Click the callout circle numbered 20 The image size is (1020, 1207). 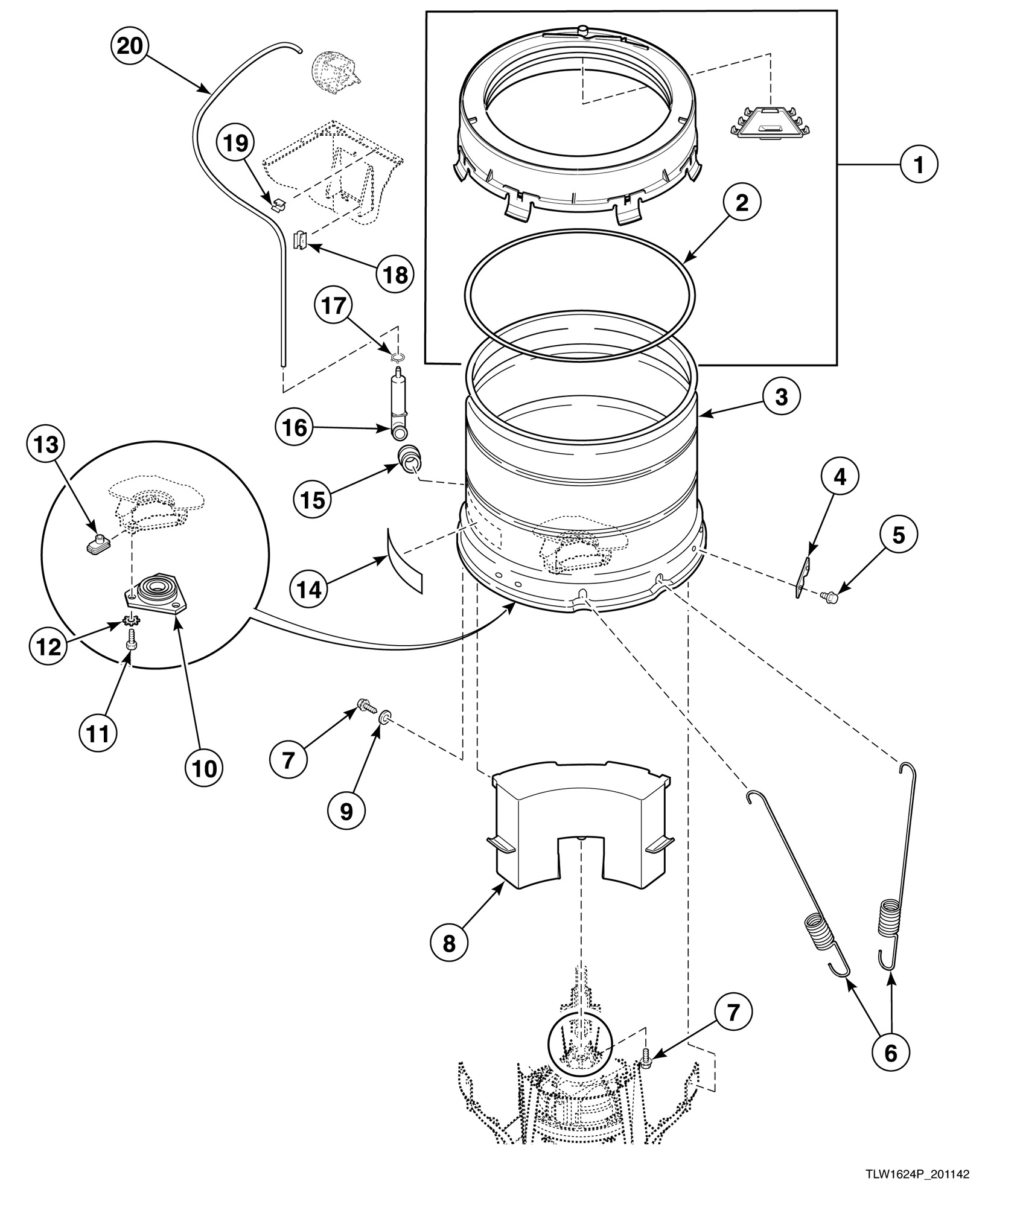tap(129, 45)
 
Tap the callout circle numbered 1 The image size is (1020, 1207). tap(919, 164)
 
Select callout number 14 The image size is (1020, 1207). tap(310, 588)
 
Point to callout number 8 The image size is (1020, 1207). tap(448, 943)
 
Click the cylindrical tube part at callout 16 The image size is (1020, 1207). tap(396, 401)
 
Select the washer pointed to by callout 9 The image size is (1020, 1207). tap(384, 717)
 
